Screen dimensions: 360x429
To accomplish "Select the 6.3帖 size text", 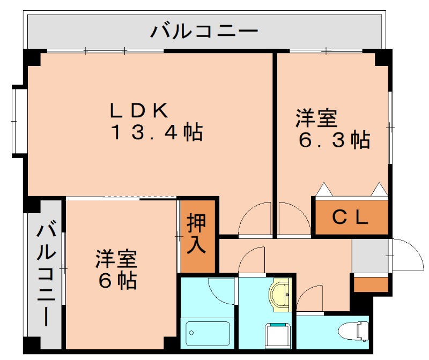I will pyautogui.click(x=334, y=140).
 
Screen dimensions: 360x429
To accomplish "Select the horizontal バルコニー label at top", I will pyautogui.click(x=204, y=31).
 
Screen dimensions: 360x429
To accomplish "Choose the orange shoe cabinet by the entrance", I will pyautogui.click(x=371, y=284).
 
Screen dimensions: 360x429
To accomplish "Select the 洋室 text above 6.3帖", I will pyautogui.click(x=316, y=118).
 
